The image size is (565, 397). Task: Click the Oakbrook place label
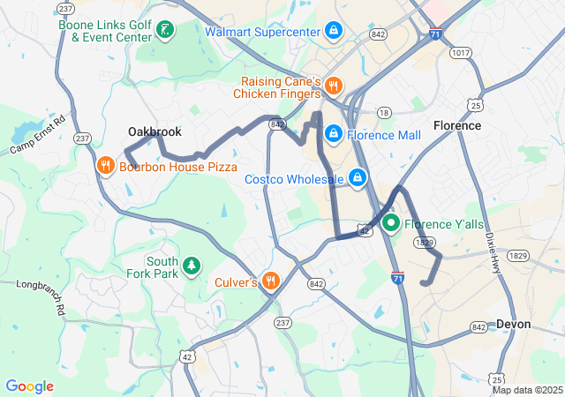tap(154, 132)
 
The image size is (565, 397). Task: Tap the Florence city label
tap(457, 126)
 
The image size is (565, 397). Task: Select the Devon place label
tap(514, 325)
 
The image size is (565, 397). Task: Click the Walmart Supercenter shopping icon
tap(333, 33)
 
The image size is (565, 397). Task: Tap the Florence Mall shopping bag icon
tap(333, 135)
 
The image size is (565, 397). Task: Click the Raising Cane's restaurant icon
tap(333, 86)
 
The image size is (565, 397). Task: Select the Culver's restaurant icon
tap(270, 282)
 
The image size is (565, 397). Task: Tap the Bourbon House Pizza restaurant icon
tap(105, 166)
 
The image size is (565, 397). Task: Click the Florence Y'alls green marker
tap(391, 223)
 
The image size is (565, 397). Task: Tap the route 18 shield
tap(383, 112)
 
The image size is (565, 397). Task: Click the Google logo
tap(29, 386)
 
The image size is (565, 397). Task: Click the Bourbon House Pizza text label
tap(166, 166)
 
